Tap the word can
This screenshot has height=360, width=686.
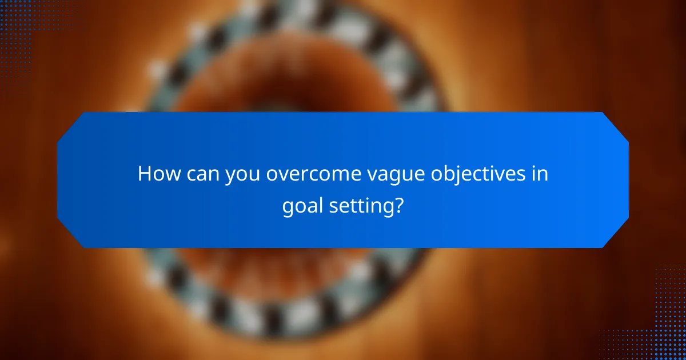(200, 174)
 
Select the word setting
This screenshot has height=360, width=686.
(362, 206)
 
